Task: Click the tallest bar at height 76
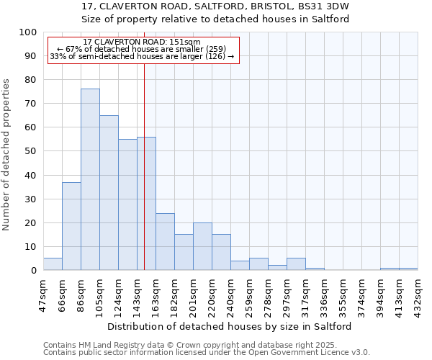90,179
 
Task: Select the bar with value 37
71,226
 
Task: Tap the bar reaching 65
109,192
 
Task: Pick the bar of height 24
165,241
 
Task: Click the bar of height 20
202,246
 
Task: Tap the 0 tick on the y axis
33,270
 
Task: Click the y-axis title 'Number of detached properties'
7,155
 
